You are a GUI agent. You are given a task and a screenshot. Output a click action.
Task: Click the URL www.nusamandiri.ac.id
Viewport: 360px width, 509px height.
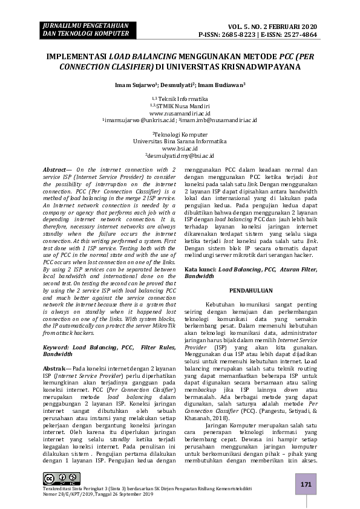pyautogui.click(x=180, y=112)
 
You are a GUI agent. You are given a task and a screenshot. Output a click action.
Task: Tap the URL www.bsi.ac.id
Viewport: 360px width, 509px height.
pyautogui.click(x=180, y=148)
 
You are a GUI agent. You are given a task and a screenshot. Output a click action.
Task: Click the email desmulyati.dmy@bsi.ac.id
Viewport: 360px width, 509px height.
pyautogui.click(x=180, y=155)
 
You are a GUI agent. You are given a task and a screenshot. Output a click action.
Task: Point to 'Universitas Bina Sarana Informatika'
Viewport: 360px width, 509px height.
pyautogui.click(x=180, y=140)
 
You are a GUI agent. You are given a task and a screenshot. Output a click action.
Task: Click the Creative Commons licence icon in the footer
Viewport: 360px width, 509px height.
pyautogui.click(x=54, y=479)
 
